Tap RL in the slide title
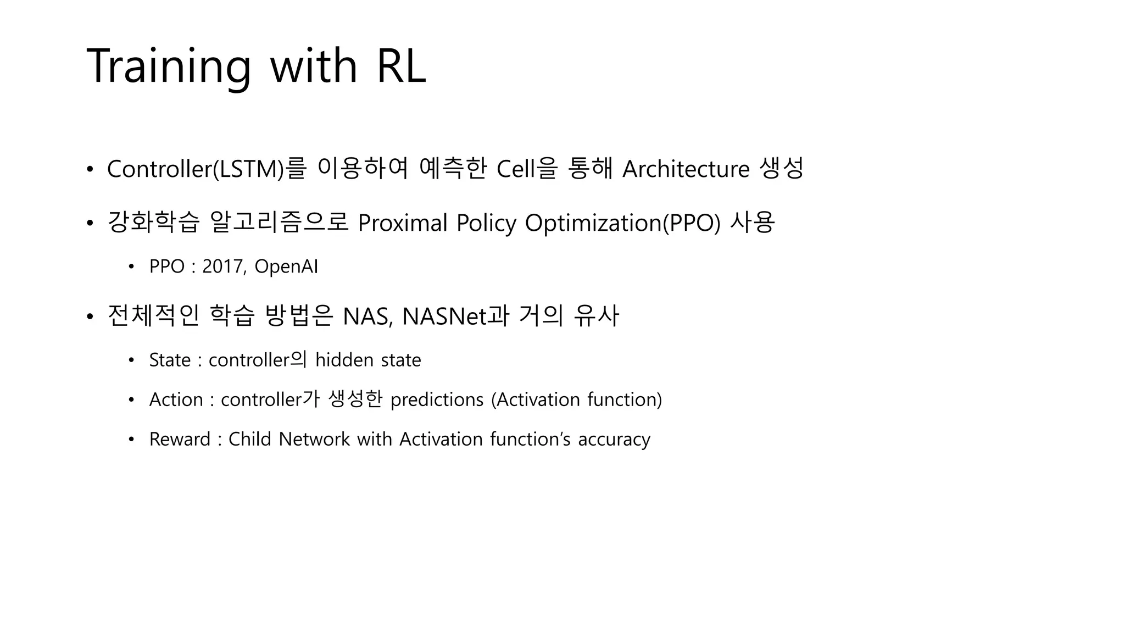coord(401,66)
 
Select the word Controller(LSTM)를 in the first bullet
coord(206,169)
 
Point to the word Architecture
coord(686,169)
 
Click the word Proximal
coord(402,223)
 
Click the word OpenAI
coord(286,266)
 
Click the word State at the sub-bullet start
coord(170,360)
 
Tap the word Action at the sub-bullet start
coord(176,400)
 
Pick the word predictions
coord(437,400)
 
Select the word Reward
coord(180,440)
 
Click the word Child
coord(249,440)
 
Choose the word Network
coord(314,440)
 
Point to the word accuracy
coord(614,440)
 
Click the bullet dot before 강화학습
coord(90,224)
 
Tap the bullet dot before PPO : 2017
coord(131,267)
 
